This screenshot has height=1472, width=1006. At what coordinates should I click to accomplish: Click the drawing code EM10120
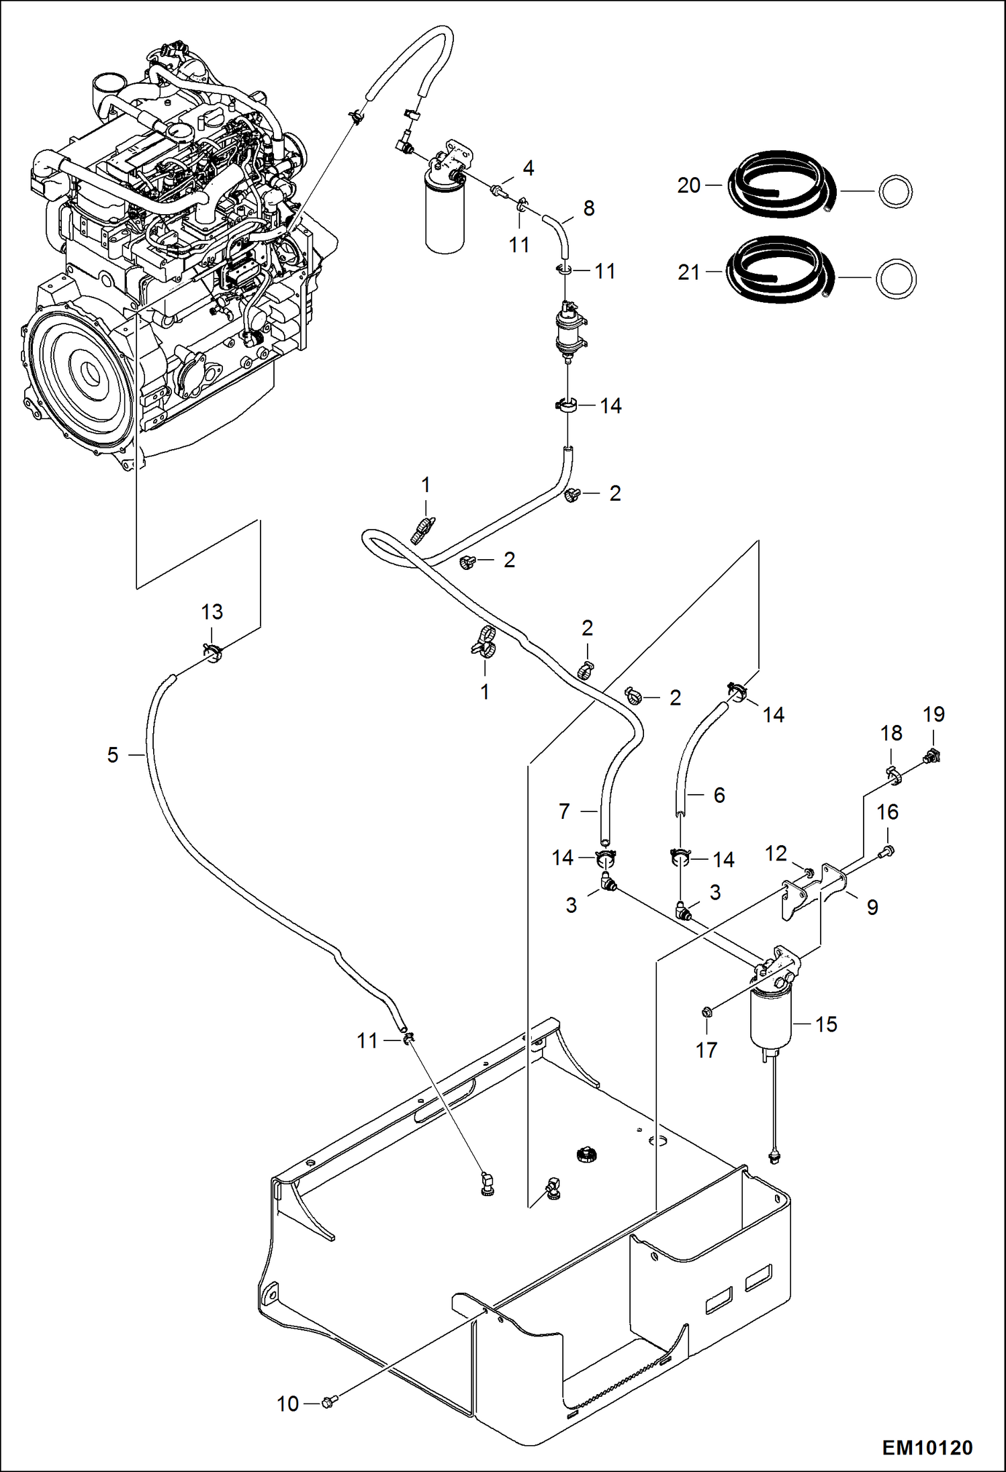click(x=927, y=1447)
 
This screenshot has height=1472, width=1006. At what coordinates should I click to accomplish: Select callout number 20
click(x=689, y=185)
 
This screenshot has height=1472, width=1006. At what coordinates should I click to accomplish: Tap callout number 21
click(x=689, y=273)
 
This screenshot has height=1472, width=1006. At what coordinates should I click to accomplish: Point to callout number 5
click(x=113, y=755)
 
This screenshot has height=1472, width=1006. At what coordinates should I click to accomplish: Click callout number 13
click(x=212, y=611)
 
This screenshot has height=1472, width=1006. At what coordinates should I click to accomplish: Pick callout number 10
click(x=288, y=1404)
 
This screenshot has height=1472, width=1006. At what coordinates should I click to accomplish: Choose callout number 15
click(x=827, y=1024)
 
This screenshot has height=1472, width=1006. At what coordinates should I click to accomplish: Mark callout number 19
click(x=934, y=714)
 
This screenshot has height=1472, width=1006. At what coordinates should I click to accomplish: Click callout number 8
click(x=589, y=208)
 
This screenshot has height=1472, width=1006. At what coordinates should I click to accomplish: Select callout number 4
click(x=529, y=168)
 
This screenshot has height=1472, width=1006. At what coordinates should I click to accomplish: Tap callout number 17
click(x=706, y=1050)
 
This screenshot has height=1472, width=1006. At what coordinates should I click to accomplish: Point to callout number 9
click(x=872, y=907)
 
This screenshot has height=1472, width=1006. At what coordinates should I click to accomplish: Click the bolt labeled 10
click(x=328, y=1402)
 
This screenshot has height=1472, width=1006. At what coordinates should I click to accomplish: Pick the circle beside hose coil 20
click(x=895, y=192)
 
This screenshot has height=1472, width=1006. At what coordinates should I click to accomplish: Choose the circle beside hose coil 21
click(x=897, y=278)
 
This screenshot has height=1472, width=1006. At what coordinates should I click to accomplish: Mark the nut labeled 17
click(x=706, y=1012)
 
